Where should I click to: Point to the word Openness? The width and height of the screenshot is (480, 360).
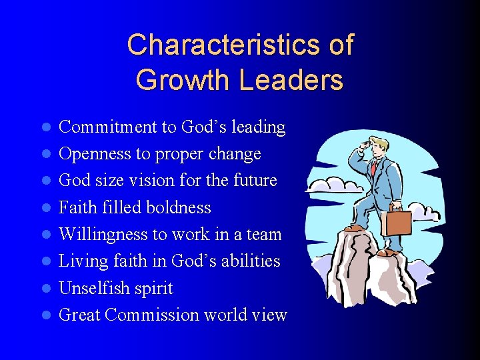[95, 154]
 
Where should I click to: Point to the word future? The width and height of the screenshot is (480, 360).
[255, 181]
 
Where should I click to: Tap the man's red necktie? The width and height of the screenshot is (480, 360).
[374, 167]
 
